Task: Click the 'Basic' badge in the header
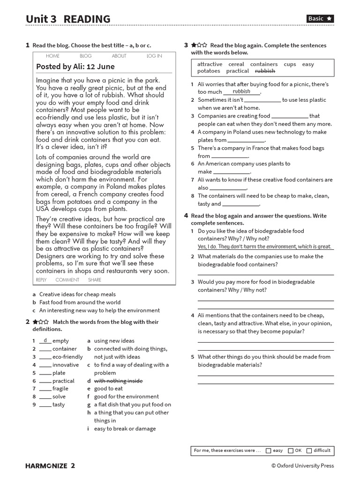[320, 19]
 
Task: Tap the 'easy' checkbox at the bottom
[269, 450]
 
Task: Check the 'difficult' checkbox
[309, 450]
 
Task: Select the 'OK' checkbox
[291, 450]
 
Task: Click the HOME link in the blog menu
[53, 56]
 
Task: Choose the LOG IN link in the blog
[154, 56]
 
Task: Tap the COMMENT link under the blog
[67, 280]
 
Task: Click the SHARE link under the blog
[94, 280]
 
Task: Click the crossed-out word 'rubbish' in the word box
[265, 71]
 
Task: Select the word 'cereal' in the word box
[236, 64]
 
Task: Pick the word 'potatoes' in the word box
[209, 71]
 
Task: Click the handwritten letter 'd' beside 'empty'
[45, 340]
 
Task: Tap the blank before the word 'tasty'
[45, 405]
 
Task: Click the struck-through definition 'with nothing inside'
[118, 381]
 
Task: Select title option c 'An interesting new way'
[99, 310]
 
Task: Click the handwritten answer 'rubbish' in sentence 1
[241, 91]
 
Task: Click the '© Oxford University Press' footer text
[302, 466]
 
